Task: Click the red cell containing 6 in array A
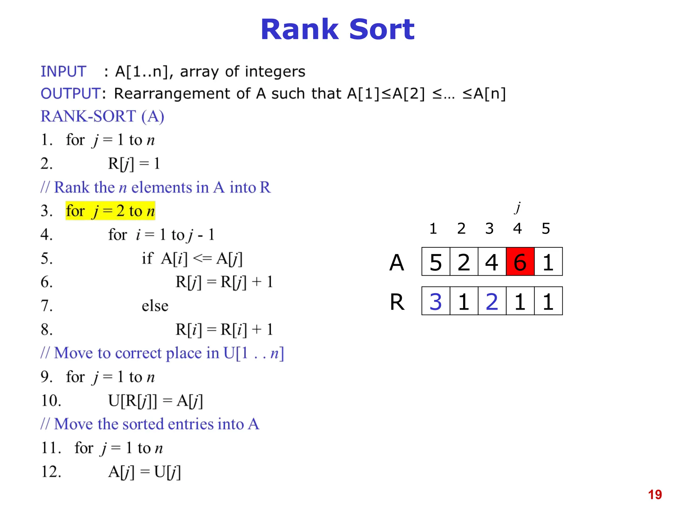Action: (520, 262)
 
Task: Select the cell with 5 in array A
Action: (436, 262)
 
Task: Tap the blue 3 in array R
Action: (436, 301)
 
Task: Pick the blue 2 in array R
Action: (492, 301)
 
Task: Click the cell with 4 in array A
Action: (492, 262)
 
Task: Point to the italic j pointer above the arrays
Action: (518, 208)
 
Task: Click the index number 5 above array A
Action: (546, 228)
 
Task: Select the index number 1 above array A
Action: (433, 228)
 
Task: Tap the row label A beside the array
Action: (396, 263)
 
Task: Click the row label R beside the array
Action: (397, 302)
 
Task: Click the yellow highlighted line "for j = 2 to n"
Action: (110, 211)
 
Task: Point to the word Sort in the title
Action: (381, 30)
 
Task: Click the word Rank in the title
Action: (300, 30)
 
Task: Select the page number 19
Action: (655, 494)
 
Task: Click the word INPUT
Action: (63, 71)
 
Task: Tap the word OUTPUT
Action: (71, 94)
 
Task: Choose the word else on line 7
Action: (155, 306)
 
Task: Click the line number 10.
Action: (51, 401)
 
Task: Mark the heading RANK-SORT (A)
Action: (102, 116)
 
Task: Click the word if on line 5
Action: (147, 258)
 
